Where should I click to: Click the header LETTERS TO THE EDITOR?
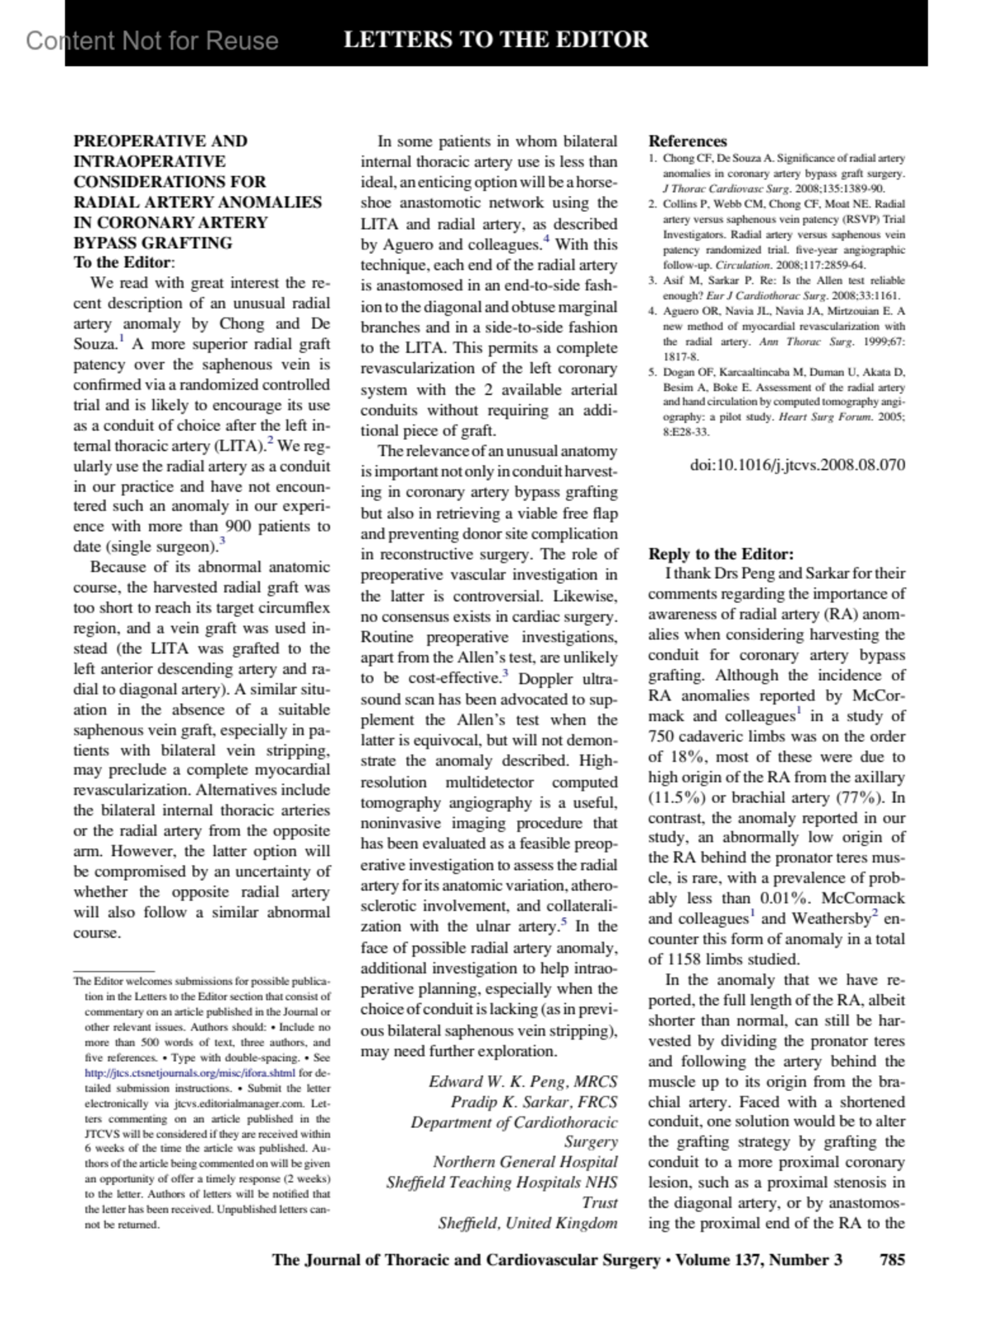pos(496,39)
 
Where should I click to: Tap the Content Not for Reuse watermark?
pos(152,41)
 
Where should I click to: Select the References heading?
pos(687,141)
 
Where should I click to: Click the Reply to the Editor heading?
pos(720,554)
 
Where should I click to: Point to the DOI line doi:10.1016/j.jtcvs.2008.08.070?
pos(798,465)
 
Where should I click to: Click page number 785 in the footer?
pos(892,1260)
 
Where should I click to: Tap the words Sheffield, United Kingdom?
pos(527,1223)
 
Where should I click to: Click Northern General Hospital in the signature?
pos(525,1162)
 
